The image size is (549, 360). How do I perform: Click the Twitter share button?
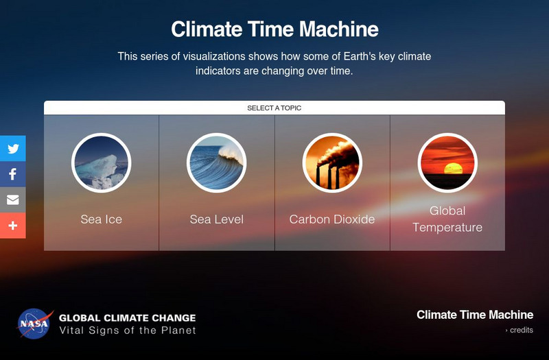13,148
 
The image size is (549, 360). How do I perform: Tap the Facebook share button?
13,174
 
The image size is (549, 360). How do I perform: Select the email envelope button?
13,200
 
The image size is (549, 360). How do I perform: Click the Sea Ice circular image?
101,163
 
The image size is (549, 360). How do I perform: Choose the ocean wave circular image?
217,163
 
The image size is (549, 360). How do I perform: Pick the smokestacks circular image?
332,163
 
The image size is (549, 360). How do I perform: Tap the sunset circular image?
447,163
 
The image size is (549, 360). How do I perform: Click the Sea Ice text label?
101,219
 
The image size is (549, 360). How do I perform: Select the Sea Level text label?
217,219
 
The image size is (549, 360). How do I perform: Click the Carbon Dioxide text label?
332,219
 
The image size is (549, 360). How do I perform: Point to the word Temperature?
447,228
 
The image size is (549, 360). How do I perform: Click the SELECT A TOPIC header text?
274,108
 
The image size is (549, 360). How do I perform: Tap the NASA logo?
34,324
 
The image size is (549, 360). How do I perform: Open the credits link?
519,331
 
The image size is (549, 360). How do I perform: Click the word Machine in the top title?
339,29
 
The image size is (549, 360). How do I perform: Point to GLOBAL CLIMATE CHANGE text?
128,318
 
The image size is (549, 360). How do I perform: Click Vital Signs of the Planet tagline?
128,331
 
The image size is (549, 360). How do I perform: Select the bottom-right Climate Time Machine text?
475,315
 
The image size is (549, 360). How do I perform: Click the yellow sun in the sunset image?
453,168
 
